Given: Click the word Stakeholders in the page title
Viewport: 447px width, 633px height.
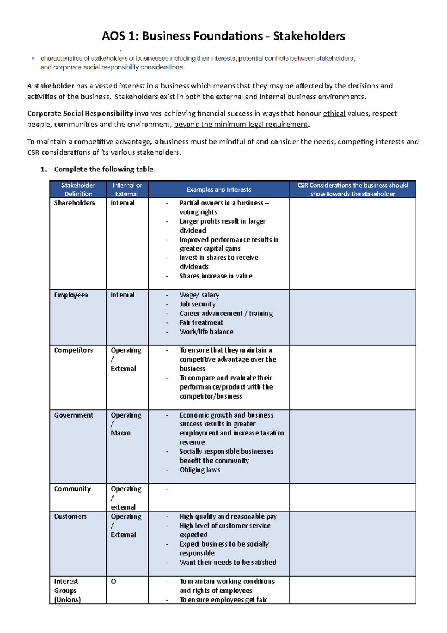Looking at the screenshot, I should [309, 36].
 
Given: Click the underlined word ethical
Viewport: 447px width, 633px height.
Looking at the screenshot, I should [334, 113].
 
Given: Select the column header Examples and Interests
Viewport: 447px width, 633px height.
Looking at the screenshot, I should [219, 189].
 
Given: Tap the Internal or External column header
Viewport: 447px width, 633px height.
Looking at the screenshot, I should [127, 189].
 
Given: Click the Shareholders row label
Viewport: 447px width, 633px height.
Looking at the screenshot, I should [74, 203].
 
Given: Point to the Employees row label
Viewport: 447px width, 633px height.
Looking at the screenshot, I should [71, 295].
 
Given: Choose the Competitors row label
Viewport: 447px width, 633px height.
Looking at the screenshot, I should [73, 350].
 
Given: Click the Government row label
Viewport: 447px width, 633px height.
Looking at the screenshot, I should [73, 415].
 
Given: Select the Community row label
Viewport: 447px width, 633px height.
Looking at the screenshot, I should [72, 489].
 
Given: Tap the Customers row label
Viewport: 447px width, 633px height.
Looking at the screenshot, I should [70, 516].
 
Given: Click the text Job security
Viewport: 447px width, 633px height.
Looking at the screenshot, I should [197, 304].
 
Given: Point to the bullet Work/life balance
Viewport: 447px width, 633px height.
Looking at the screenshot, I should [206, 332].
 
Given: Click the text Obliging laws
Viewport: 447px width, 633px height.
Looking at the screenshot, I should [200, 470].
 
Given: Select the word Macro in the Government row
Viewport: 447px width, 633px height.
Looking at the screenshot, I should [121, 433].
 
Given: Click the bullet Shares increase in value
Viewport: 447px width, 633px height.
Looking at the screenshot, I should [216, 276].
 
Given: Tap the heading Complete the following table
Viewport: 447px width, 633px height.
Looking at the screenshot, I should [104, 169].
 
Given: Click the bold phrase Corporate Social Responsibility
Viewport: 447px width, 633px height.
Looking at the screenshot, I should [80, 113].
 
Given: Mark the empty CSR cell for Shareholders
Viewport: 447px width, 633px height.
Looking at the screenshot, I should [352, 243].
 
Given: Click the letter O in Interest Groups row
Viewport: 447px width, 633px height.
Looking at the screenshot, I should [114, 581].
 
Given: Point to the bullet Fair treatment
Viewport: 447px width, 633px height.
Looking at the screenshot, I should [201, 322].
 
